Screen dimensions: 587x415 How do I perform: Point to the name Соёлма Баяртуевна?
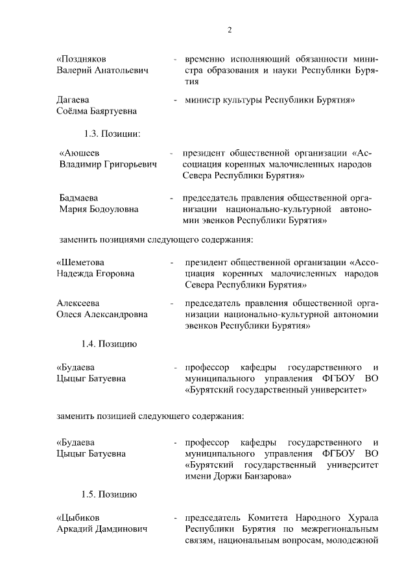tap(97, 112)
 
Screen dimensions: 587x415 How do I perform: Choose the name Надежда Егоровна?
tap(96, 274)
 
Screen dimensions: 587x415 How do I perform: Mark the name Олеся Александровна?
tap(102, 315)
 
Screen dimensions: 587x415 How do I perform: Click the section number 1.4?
tap(91, 344)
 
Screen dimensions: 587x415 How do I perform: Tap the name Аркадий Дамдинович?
tap(102, 529)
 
